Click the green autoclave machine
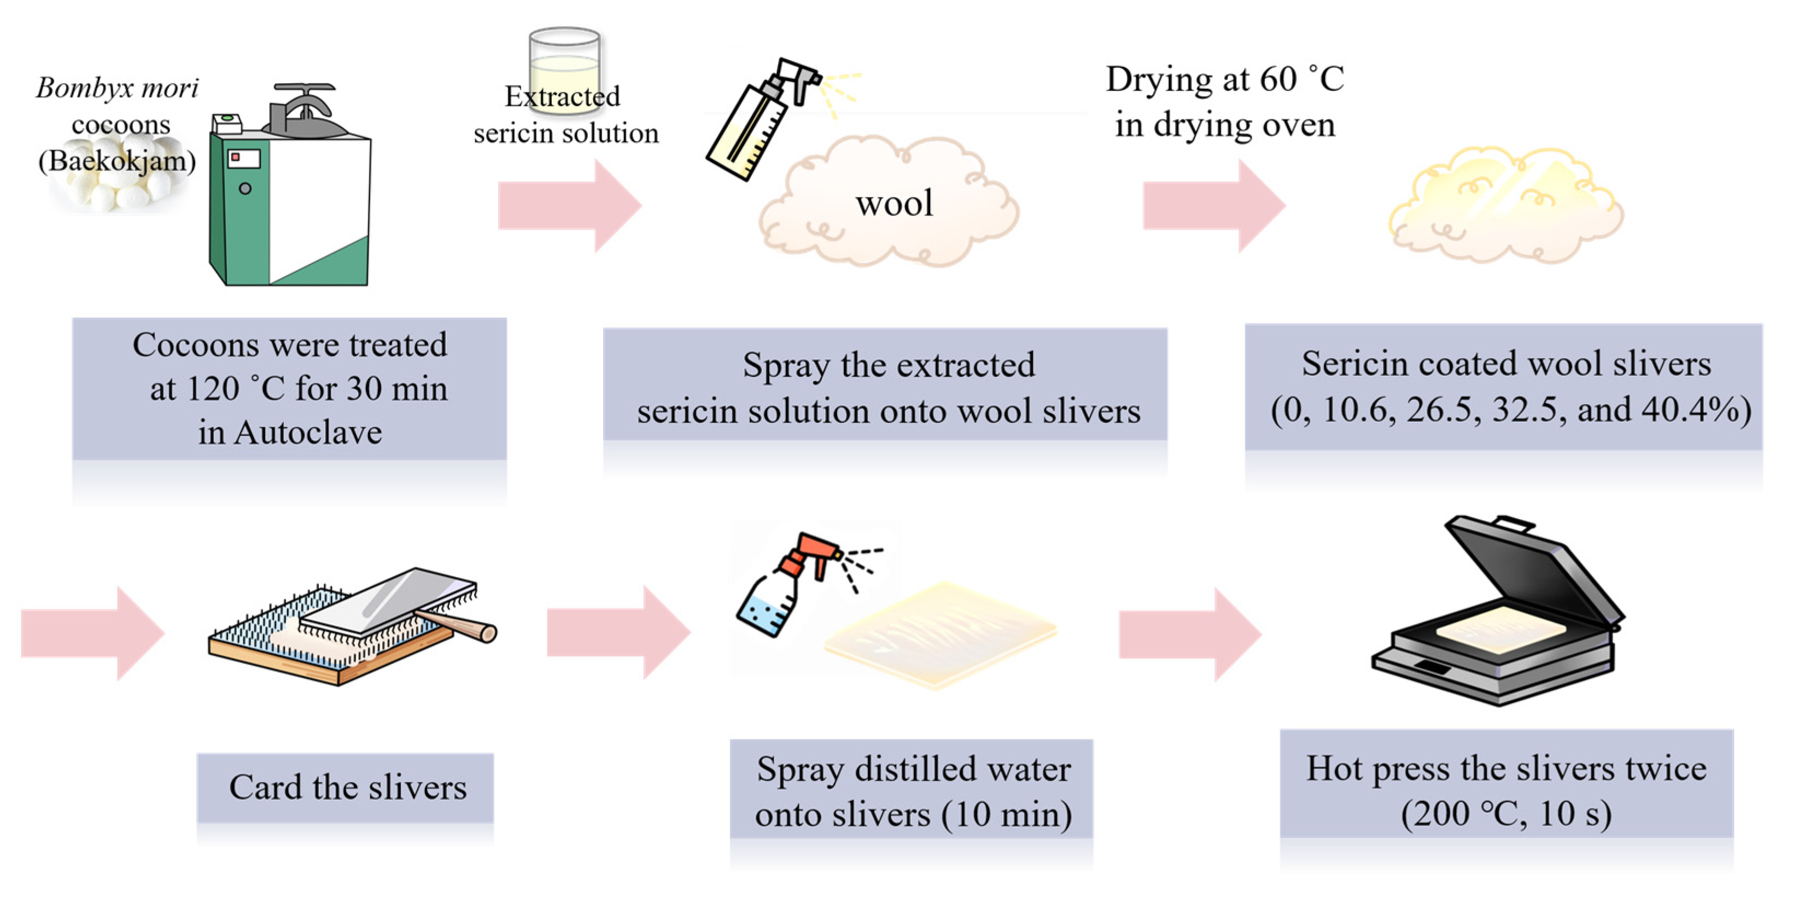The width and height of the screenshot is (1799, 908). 290,202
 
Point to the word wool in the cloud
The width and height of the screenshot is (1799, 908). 894,204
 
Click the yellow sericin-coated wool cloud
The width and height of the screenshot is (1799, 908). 1505,206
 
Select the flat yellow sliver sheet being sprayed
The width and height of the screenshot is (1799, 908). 939,636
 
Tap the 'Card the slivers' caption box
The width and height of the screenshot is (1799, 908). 346,788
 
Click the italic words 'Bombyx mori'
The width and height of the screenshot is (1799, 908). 118,89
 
